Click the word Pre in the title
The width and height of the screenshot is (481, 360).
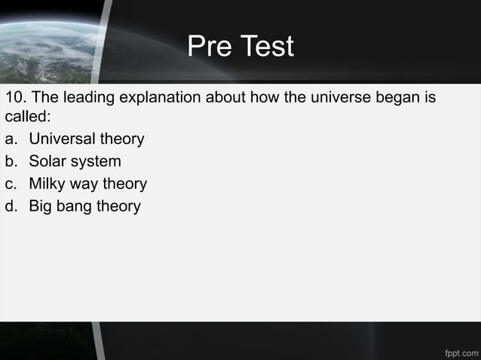tap(207, 47)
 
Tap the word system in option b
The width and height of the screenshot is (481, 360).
tap(96, 162)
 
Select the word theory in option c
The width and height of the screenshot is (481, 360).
tap(124, 184)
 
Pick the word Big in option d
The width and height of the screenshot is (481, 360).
tap(41, 206)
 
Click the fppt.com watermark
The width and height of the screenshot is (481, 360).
tap(461, 351)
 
